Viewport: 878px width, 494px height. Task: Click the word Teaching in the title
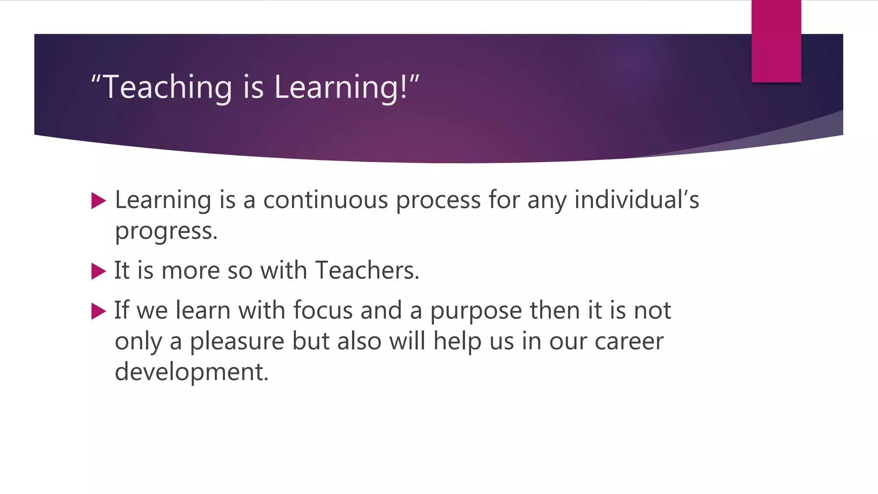click(x=168, y=87)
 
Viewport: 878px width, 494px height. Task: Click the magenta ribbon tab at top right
click(x=776, y=41)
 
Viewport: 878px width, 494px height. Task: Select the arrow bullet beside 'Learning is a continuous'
click(x=99, y=201)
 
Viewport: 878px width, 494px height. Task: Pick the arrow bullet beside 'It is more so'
click(x=99, y=271)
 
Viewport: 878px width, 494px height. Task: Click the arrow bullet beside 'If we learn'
click(x=99, y=311)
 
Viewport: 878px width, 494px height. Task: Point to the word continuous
click(x=325, y=200)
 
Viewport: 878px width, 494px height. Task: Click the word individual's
click(x=637, y=200)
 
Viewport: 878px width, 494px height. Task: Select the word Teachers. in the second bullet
click(x=367, y=271)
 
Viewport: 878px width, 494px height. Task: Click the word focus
click(x=322, y=310)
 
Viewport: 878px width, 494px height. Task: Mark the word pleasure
click(x=237, y=342)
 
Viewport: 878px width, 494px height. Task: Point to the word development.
click(x=192, y=372)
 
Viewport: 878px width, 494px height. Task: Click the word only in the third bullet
click(x=138, y=342)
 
